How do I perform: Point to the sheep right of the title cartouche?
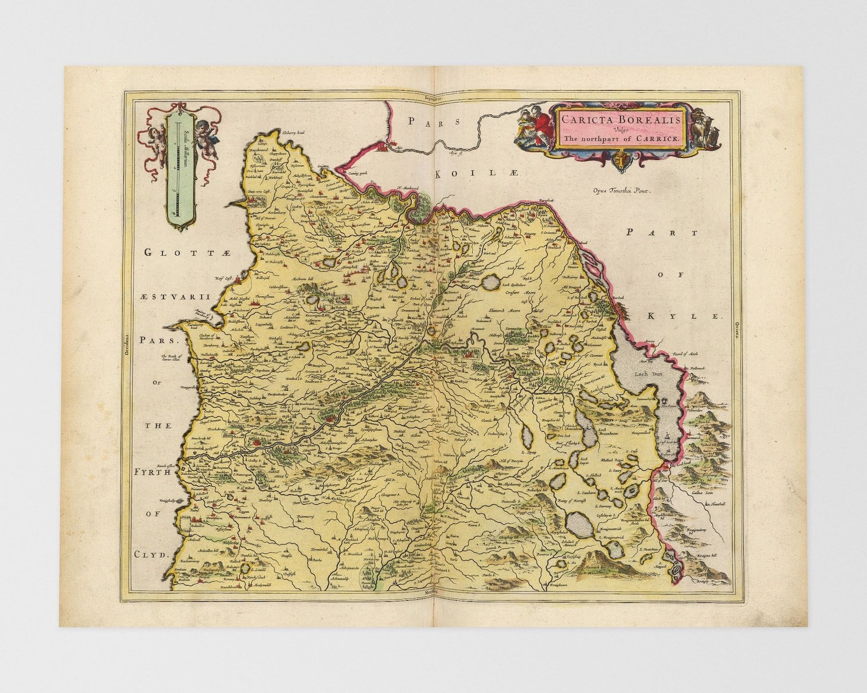coord(704,125)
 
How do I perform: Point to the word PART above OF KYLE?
coord(662,232)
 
